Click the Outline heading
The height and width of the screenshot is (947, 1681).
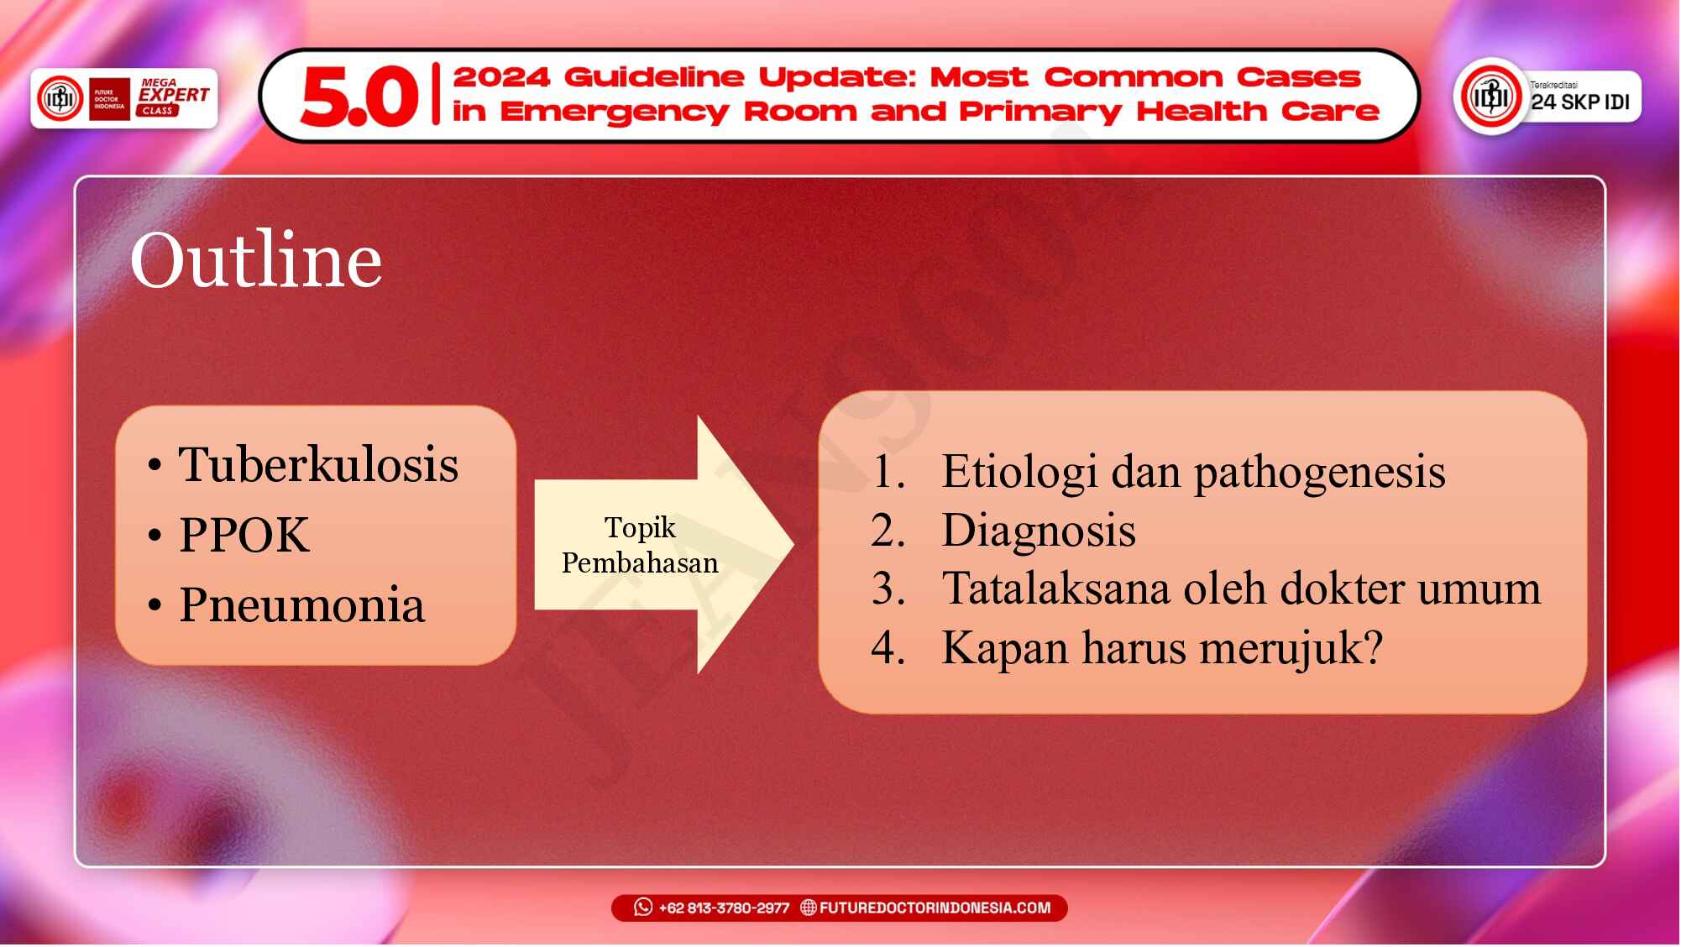click(x=256, y=260)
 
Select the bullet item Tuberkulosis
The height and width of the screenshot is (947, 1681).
click(x=318, y=464)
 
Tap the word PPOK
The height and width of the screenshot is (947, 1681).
click(x=244, y=535)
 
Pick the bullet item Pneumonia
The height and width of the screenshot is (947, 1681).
click(x=301, y=604)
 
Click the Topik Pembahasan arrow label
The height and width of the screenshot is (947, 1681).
click(x=640, y=545)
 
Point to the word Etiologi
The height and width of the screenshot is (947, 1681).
click(x=1019, y=472)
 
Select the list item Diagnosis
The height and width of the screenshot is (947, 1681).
click(x=1039, y=531)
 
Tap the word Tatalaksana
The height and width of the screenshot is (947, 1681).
click(x=1055, y=589)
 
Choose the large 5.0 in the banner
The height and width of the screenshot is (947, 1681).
click(x=359, y=97)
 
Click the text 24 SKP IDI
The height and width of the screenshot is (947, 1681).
click(x=1579, y=102)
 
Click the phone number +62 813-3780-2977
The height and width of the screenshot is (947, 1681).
click(x=724, y=908)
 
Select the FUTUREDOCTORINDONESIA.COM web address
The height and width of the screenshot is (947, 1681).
click(x=935, y=908)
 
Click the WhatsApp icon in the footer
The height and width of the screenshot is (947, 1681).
click(x=643, y=908)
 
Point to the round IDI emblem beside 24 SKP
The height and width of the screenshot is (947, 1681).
click(x=1491, y=97)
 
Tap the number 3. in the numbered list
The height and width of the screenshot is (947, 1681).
click(x=888, y=589)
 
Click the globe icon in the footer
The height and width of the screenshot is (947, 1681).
click(x=808, y=908)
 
